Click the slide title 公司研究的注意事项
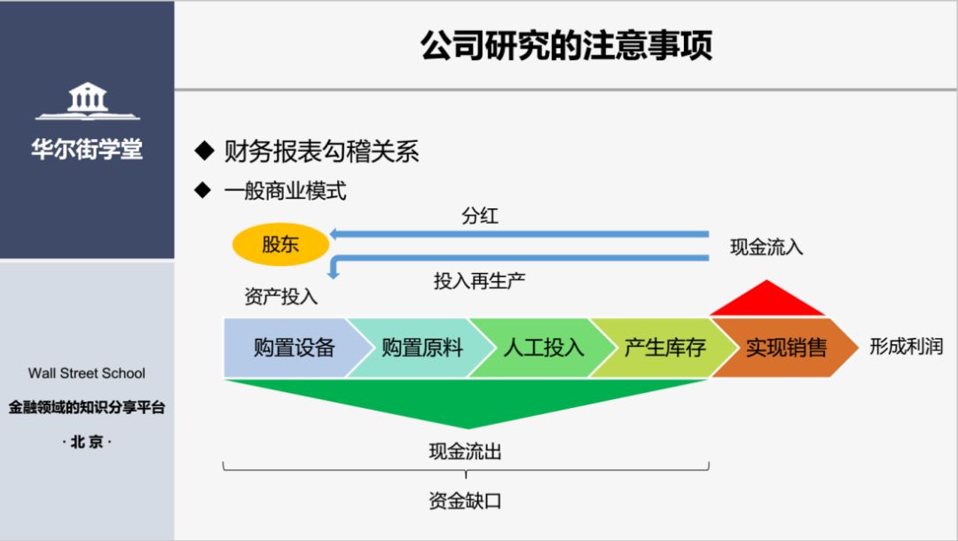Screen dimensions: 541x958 (566, 46)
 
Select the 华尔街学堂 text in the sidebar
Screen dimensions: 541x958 (87, 148)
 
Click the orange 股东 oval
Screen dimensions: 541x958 (280, 245)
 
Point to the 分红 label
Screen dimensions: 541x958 (480, 216)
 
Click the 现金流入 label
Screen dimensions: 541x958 (766, 247)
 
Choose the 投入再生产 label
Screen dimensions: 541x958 (479, 281)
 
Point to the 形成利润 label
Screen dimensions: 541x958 (906, 346)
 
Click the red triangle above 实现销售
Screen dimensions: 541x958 (766, 301)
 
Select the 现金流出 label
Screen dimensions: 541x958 (465, 452)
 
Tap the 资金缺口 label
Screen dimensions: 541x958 (465, 500)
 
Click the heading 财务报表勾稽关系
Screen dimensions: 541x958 (321, 152)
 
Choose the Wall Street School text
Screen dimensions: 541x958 (87, 373)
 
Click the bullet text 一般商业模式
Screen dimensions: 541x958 (285, 191)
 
